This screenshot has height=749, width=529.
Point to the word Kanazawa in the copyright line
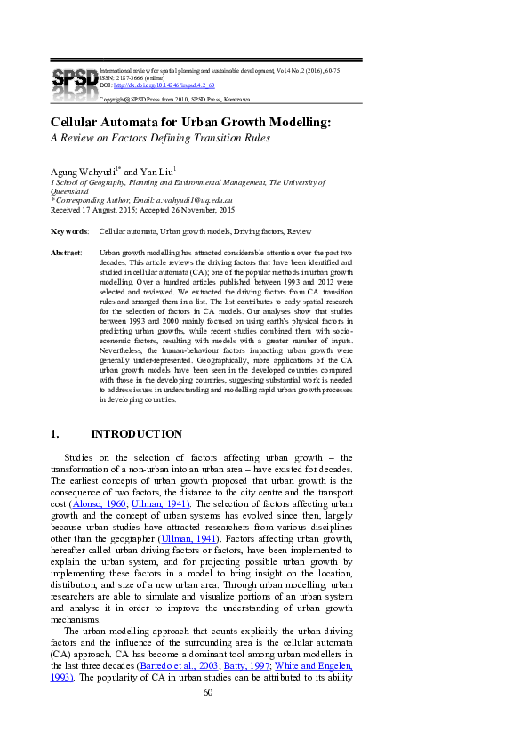(235, 99)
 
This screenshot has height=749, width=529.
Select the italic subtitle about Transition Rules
(159, 138)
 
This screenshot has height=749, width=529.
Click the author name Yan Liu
(156, 170)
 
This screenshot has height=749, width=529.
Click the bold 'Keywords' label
(68, 231)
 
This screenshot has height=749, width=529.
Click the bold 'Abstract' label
(67, 254)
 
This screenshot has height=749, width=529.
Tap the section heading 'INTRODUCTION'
(137, 434)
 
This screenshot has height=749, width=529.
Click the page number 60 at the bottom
(208, 692)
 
